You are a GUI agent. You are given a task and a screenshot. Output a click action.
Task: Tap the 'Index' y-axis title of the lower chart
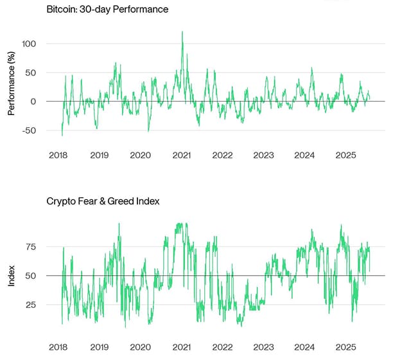point(11,275)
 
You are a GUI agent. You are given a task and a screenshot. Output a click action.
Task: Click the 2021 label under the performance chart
point(181,156)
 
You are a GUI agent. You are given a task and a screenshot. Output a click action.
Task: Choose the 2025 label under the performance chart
point(346,156)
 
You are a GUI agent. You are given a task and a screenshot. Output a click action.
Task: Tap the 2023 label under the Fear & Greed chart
point(263,346)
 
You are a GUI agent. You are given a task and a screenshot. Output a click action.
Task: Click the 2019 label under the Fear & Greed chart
point(99,346)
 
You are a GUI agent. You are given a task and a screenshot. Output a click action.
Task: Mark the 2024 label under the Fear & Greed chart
point(304,346)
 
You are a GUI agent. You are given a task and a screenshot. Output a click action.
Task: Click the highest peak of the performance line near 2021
point(182,32)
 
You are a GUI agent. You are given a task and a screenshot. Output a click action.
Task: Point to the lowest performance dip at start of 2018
point(62,135)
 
